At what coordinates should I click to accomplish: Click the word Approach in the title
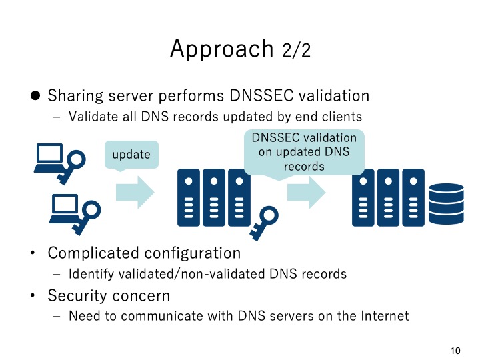221,49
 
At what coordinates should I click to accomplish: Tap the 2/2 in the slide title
296,51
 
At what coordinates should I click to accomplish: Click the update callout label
131,155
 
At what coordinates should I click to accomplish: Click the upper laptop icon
49,158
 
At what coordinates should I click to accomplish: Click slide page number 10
456,351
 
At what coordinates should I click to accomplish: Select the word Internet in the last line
382,315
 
